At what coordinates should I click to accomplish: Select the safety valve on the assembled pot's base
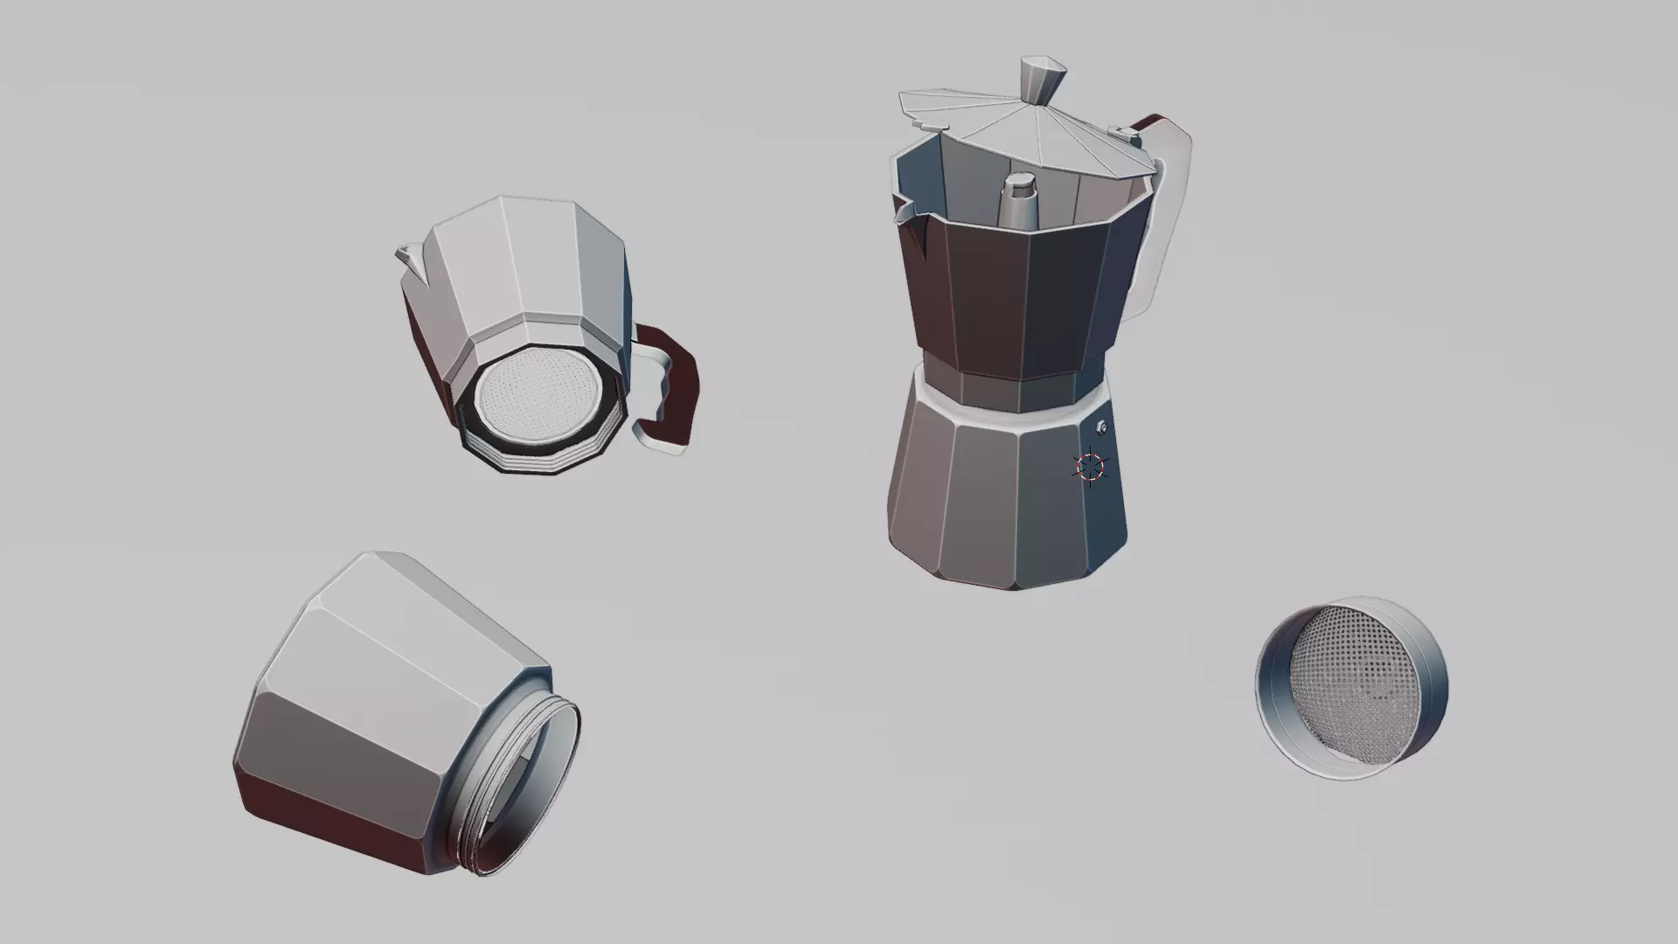tap(1102, 427)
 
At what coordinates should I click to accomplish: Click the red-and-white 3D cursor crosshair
tap(1091, 467)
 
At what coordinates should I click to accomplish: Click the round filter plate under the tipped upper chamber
tap(537, 398)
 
